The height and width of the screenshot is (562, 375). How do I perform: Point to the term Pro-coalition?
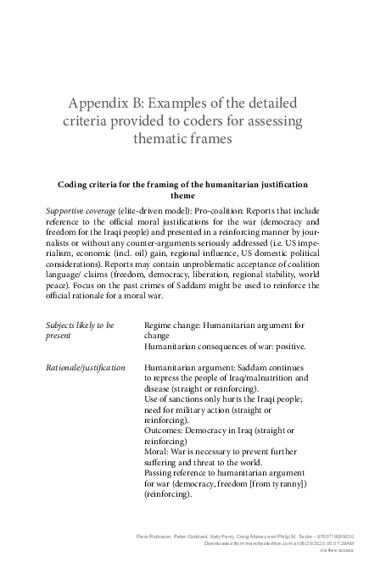[x=217, y=209]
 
